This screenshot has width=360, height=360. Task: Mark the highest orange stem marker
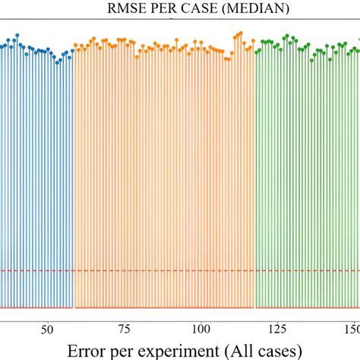(240, 33)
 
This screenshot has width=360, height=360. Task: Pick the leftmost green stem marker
(257, 52)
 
